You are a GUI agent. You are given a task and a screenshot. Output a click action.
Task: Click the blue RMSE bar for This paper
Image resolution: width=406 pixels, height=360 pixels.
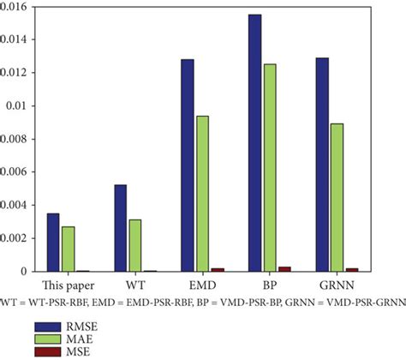53,243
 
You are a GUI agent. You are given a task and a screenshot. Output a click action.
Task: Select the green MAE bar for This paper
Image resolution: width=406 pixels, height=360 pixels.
68,249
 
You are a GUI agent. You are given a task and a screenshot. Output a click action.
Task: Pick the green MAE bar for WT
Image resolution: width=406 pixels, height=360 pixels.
134,246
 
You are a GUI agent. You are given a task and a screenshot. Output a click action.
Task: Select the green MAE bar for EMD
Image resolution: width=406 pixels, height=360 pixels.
201,194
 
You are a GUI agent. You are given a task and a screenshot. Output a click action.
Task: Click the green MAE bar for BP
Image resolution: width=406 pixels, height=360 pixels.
269,168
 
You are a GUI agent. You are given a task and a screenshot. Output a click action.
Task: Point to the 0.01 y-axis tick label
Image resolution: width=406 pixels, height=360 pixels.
22,105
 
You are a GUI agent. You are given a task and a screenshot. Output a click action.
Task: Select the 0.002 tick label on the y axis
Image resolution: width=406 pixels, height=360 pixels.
17,238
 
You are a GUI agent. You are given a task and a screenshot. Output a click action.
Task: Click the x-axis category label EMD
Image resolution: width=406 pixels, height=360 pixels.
201,285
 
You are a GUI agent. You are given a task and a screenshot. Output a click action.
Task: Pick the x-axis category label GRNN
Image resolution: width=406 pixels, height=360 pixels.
336,285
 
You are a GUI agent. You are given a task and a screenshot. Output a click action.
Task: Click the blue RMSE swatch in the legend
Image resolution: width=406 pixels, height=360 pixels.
50,326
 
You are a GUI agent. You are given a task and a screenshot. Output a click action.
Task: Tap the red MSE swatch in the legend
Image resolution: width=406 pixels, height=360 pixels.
50,351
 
